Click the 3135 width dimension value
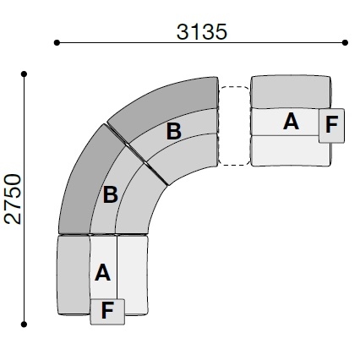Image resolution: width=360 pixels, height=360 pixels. (x=201, y=31)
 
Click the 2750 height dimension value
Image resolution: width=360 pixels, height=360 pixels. (x=14, y=199)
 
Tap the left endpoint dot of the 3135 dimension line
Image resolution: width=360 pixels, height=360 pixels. (x=57, y=43)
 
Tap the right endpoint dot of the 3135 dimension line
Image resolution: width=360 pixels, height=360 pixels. (x=345, y=43)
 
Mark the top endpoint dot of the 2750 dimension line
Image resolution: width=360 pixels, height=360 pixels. (x=24, y=74)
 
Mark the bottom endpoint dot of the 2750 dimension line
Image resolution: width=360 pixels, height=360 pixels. (x=24, y=325)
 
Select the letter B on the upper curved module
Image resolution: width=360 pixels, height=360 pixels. (x=174, y=131)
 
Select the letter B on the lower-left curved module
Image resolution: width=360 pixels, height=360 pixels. (x=110, y=194)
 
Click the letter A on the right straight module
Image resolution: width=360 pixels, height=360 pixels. (x=291, y=122)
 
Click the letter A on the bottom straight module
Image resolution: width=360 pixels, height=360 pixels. (x=102, y=272)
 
